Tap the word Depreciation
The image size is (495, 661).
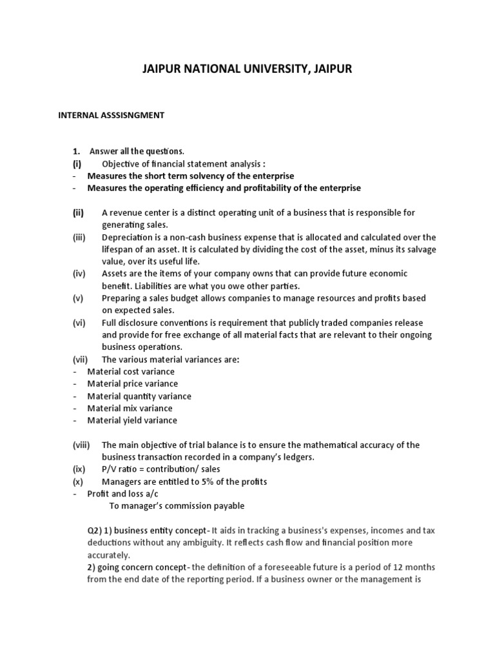click(127, 237)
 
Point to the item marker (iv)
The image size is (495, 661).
click(79, 274)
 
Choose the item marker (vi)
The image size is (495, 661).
click(79, 322)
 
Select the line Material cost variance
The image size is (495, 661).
click(131, 372)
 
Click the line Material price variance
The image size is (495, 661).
click(132, 384)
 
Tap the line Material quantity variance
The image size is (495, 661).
click(139, 396)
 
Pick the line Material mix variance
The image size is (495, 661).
click(130, 409)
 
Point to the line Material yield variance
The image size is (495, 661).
click(132, 421)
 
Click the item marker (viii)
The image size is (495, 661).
click(81, 445)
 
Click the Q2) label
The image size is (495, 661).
click(95, 531)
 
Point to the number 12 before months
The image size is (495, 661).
click(398, 567)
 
